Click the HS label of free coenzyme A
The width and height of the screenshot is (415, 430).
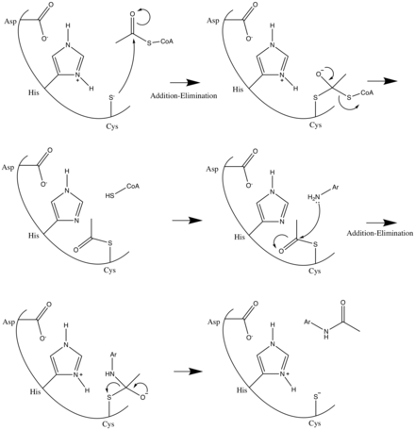click(109, 195)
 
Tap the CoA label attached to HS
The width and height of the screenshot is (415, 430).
click(133, 187)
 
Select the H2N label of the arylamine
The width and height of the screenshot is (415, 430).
click(314, 197)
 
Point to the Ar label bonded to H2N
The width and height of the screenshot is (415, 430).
click(336, 189)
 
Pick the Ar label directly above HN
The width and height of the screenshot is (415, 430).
click(113, 355)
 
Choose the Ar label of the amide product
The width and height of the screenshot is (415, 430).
click(307, 322)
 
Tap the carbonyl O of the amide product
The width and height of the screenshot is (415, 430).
click(343, 303)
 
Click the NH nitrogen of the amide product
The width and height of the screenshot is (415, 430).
click(326, 331)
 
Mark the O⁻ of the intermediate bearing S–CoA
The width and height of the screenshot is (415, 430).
click(319, 74)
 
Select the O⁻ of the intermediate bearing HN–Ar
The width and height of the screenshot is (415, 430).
click(143, 397)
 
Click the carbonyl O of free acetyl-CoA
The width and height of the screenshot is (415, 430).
click(132, 14)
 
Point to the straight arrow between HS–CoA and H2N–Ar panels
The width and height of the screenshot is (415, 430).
click(187, 221)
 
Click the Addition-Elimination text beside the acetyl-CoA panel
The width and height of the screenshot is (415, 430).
click(184, 95)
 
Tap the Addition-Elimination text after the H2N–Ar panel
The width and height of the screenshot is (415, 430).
click(380, 233)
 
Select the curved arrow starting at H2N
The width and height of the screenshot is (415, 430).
click(316, 223)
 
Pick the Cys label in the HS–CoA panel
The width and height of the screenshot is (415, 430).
click(109, 271)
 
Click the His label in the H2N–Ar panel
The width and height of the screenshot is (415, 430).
click(240, 237)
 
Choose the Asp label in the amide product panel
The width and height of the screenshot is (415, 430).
click(214, 322)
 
